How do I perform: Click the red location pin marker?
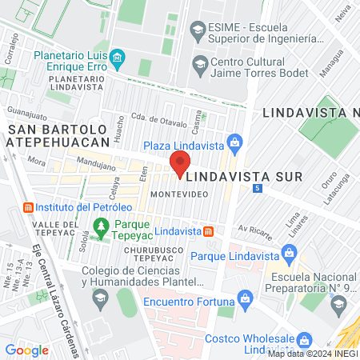(180, 163)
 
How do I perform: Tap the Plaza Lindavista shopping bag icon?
(234, 145)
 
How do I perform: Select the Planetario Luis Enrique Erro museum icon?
(118, 57)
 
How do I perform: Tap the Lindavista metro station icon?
(208, 231)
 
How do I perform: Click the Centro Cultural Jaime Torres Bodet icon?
(200, 63)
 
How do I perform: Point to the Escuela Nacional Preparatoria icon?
(338, 304)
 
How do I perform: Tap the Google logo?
(26, 350)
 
